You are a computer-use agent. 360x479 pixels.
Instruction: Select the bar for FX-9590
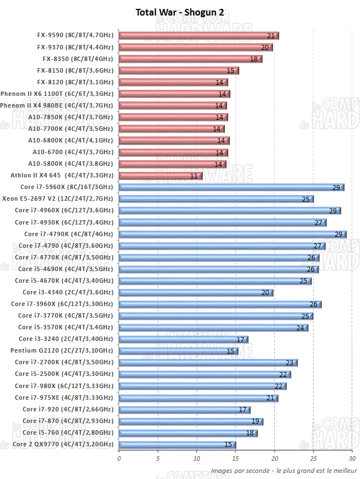coord(198,35)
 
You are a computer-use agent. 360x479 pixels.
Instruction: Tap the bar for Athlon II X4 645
coord(160,176)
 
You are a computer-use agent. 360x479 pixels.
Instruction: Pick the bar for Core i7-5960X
coord(231,187)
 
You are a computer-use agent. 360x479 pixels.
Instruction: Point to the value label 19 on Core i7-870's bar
coord(255,421)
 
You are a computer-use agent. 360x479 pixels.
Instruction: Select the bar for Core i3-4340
coord(196,292)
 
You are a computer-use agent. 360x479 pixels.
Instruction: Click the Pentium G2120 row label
coord(61,350)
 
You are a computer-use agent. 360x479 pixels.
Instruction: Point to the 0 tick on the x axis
coord(119,458)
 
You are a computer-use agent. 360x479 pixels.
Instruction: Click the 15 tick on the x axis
coord(235,458)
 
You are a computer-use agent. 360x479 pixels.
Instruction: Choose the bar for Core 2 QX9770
coord(177,445)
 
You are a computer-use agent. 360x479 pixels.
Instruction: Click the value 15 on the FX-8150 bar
coord(230,70)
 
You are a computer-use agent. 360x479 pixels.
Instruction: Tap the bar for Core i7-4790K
coord(232,234)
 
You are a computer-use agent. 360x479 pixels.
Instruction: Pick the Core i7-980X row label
coord(64,386)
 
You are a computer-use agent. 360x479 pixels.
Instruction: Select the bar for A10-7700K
coord(171,129)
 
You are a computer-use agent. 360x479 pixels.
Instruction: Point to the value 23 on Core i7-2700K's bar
coord(289,363)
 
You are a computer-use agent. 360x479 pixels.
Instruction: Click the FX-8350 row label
coord(78,59)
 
